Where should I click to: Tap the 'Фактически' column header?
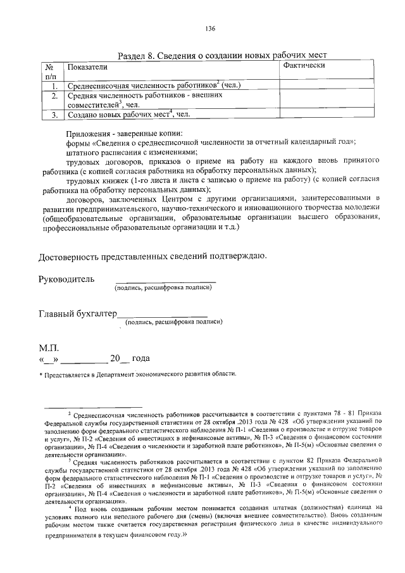click(x=304, y=65)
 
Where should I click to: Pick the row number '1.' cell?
click(x=54, y=85)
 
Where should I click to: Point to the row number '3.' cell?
click(x=54, y=115)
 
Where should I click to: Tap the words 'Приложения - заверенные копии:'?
click(x=124, y=134)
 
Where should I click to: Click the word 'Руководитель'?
click(x=66, y=279)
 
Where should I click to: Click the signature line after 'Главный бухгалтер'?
click(x=163, y=315)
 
